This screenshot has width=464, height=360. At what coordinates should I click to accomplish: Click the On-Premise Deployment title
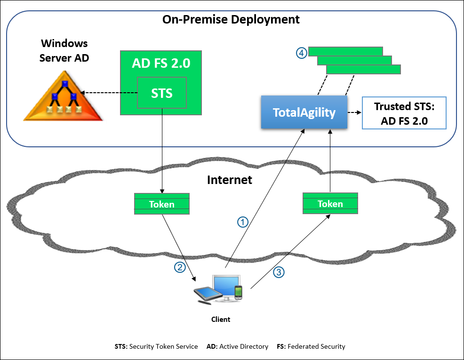pyautogui.click(x=231, y=20)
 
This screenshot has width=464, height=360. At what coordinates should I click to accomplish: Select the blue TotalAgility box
pyautogui.click(x=304, y=112)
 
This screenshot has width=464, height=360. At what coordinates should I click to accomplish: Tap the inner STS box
pyautogui.click(x=161, y=93)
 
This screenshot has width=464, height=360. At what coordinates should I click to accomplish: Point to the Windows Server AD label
pyautogui.click(x=64, y=50)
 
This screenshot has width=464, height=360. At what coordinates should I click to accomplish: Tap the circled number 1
pyautogui.click(x=242, y=222)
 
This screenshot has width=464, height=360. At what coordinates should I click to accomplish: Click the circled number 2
pyautogui.click(x=180, y=267)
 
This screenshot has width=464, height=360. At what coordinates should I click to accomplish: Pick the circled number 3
pyautogui.click(x=279, y=272)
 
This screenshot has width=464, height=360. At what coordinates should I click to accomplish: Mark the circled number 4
pyautogui.click(x=301, y=53)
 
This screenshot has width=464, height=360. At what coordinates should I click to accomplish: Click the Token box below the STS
pyautogui.click(x=161, y=204)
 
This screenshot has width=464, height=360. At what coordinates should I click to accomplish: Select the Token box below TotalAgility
pyautogui.click(x=330, y=203)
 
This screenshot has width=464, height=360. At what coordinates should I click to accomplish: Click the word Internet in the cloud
pyautogui.click(x=230, y=180)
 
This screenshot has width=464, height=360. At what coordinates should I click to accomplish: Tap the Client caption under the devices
pyautogui.click(x=220, y=320)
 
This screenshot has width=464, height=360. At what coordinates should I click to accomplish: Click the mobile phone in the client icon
pyautogui.click(x=239, y=293)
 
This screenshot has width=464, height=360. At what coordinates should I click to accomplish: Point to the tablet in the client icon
pyautogui.click(x=208, y=294)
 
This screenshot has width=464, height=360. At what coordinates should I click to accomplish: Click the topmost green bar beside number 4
pyautogui.click(x=345, y=51)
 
